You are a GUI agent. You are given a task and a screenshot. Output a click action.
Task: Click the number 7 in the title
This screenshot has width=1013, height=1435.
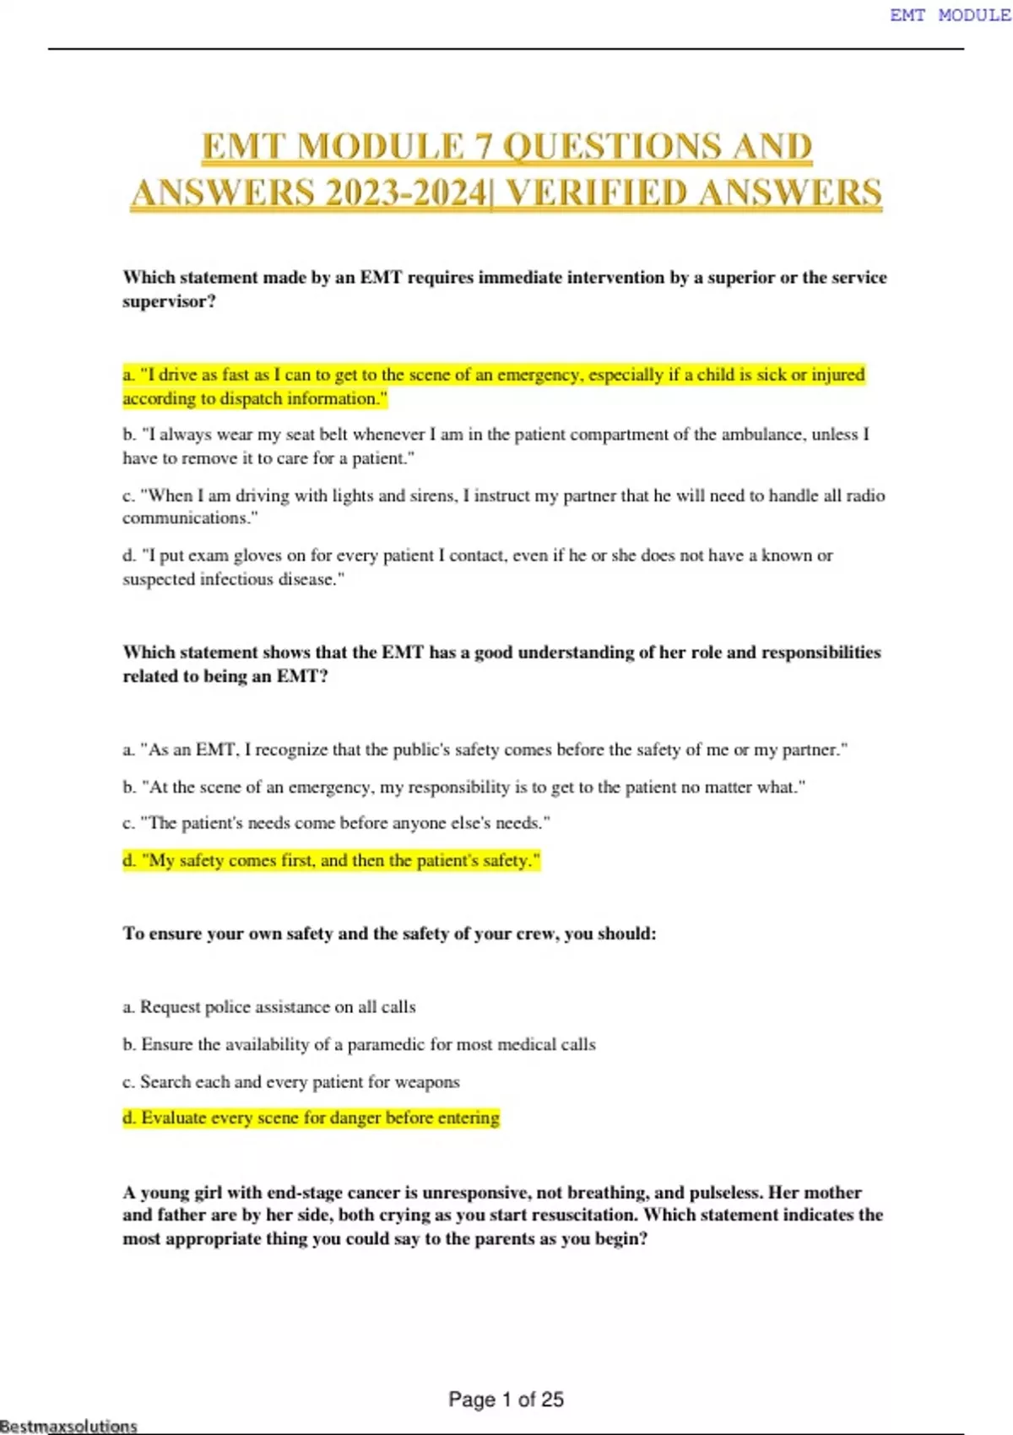coord(484,147)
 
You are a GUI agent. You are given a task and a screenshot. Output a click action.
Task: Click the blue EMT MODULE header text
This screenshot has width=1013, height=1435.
coord(950,15)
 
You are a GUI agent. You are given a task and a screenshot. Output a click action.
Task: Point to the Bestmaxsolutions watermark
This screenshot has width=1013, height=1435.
coord(68,1426)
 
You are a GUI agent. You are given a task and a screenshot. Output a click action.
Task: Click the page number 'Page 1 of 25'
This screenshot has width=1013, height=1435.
coord(506,1400)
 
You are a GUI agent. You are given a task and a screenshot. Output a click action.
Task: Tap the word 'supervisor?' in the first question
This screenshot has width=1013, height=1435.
coord(169,301)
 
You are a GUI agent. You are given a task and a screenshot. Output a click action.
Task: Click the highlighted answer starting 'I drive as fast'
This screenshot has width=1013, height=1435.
coord(494,386)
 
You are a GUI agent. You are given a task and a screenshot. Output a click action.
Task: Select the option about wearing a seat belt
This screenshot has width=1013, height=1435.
coord(496,446)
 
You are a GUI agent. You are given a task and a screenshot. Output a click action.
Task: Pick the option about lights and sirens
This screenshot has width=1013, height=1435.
coord(503,506)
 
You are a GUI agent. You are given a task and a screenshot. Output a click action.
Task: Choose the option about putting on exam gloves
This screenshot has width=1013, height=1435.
coord(478,566)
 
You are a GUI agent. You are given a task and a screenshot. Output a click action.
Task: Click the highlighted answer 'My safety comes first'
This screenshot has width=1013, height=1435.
coord(331,860)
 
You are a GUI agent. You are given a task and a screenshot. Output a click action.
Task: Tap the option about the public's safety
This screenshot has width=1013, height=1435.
coord(485,750)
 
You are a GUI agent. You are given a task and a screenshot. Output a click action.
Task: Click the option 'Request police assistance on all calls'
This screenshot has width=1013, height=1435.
coord(269,1007)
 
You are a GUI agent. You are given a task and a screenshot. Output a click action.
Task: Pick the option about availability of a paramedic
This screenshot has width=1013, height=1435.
coord(359,1044)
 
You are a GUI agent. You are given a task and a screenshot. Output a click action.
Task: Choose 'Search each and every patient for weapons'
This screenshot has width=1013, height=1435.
coord(291,1081)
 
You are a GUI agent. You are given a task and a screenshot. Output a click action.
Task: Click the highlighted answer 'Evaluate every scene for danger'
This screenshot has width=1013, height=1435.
coord(311,1118)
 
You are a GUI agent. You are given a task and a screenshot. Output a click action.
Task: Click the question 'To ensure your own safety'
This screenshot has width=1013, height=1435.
coord(389,934)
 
